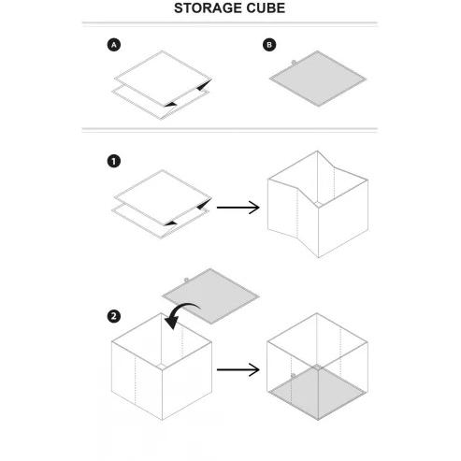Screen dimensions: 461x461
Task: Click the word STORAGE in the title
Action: click(208, 8)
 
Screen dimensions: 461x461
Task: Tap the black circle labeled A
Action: click(114, 45)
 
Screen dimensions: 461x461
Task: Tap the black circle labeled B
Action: click(269, 45)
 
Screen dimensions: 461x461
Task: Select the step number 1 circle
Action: click(114, 162)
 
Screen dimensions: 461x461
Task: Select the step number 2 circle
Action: click(114, 316)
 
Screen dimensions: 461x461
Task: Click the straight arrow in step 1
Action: click(238, 208)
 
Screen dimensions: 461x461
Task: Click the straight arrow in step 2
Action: click(238, 369)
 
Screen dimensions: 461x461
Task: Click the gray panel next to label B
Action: click(318, 79)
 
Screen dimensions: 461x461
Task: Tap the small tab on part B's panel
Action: click(294, 63)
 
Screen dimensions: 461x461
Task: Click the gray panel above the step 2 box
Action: click(210, 296)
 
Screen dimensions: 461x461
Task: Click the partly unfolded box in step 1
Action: click(318, 204)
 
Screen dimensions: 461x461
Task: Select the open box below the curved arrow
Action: click(162, 367)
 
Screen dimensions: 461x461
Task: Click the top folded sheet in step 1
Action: click(163, 197)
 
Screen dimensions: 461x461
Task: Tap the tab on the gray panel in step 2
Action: click(186, 281)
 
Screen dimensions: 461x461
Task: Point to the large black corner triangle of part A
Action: click(204, 85)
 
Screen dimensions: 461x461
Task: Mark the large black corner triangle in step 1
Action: click(204, 204)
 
